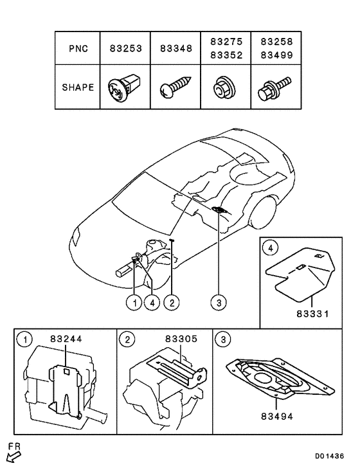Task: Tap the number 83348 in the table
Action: (x=175, y=48)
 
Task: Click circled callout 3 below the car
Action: (x=219, y=302)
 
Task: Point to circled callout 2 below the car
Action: (x=172, y=302)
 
